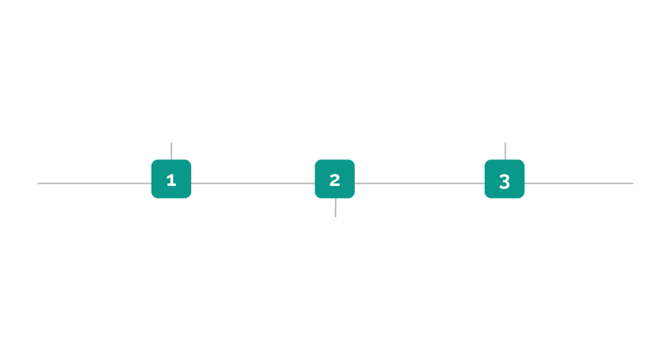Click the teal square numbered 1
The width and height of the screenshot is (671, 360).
[171, 179]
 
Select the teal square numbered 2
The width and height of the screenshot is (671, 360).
[335, 179]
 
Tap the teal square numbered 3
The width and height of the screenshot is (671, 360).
[504, 179]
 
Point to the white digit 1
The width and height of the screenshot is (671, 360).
[171, 180]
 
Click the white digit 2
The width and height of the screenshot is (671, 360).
[335, 180]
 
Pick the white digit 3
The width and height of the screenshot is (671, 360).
[504, 182]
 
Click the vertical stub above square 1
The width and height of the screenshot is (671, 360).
[171, 151]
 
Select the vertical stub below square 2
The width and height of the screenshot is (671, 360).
[335, 208]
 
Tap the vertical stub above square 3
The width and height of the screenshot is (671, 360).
[505, 151]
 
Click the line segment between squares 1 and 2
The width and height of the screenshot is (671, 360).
[253, 183]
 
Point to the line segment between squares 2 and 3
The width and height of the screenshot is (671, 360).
[420, 183]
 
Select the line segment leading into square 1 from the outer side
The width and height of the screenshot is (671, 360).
[95, 183]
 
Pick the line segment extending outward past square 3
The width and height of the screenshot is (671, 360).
[579, 183]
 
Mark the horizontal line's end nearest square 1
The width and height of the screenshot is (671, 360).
[38, 183]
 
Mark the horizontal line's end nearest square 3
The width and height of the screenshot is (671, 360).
[633, 183]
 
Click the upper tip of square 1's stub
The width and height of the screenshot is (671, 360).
[171, 143]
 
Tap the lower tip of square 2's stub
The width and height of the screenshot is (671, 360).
[335, 217]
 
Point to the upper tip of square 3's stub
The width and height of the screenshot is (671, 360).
[505, 143]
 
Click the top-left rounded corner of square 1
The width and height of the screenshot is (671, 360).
[153, 162]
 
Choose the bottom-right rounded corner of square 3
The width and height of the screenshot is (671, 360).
[523, 196]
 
